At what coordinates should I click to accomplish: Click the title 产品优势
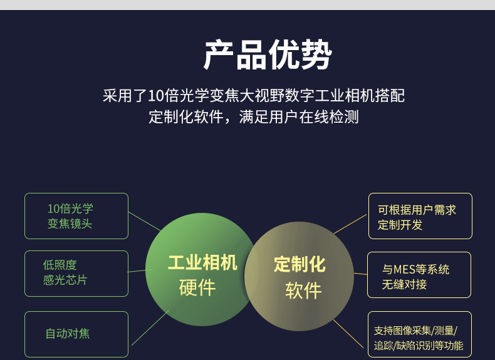click(268, 55)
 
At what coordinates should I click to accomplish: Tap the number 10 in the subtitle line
click(155, 96)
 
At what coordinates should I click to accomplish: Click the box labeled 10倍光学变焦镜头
click(76, 216)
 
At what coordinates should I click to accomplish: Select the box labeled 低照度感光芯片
click(76, 274)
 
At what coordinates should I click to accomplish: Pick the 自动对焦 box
click(76, 334)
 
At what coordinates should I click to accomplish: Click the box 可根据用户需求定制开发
click(420, 216)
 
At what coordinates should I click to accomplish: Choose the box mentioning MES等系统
click(419, 275)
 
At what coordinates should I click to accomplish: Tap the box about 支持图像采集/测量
click(420, 334)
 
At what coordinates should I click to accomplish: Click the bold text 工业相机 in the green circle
click(202, 262)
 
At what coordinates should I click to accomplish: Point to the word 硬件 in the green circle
click(197, 288)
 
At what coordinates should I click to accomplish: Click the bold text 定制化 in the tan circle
click(300, 264)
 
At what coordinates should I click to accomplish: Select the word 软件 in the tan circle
click(303, 291)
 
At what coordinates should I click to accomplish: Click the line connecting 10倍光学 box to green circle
click(145, 222)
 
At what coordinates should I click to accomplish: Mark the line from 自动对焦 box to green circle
click(150, 328)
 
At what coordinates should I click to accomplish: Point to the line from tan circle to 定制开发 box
click(350, 224)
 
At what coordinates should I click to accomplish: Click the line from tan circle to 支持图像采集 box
click(348, 334)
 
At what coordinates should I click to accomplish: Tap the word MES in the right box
click(404, 269)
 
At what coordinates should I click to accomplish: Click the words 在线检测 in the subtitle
click(328, 117)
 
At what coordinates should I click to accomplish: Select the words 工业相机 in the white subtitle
click(345, 96)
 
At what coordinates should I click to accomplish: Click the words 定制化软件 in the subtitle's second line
click(186, 117)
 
